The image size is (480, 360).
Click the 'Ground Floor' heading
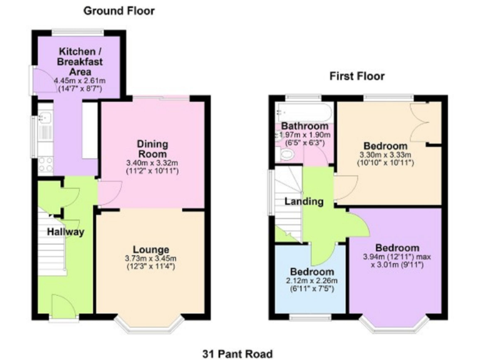[x=119, y=11]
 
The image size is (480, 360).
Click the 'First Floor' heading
[x=357, y=76]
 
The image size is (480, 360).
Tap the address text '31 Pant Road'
[x=237, y=354]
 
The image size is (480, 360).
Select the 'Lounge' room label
[x=150, y=250]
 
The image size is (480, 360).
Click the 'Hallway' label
[x=66, y=232]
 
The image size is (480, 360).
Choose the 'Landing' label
[x=304, y=201]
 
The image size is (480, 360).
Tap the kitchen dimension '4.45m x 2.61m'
[x=79, y=81]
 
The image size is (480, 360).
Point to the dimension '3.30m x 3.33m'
[x=384, y=154]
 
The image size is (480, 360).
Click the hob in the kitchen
[x=45, y=164]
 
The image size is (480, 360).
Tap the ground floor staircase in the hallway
[x=52, y=244]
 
